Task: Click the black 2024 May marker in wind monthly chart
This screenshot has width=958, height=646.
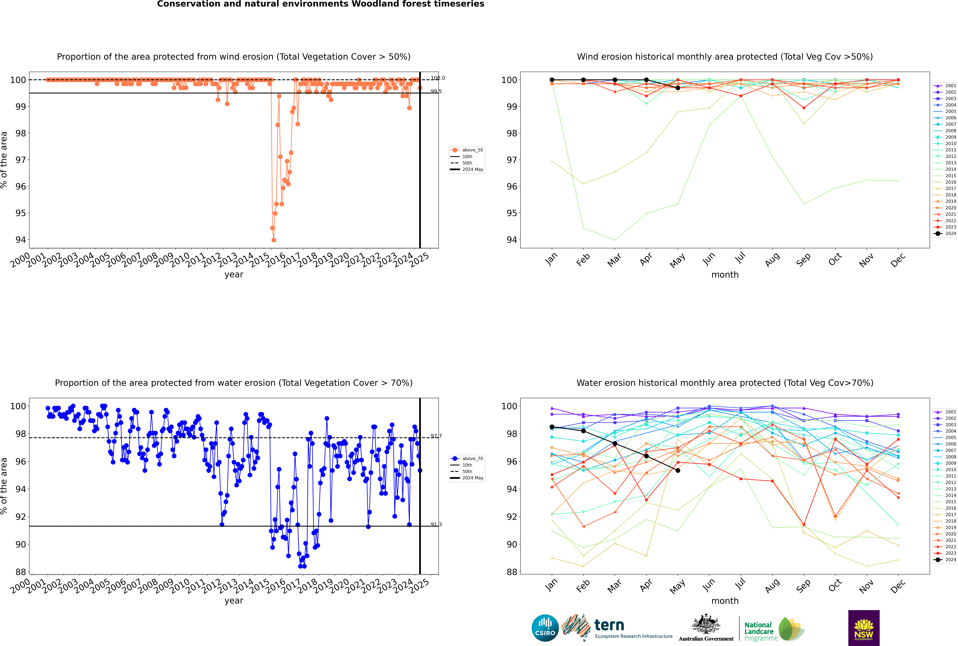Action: (x=678, y=88)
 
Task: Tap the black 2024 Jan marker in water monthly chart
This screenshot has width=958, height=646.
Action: (x=552, y=427)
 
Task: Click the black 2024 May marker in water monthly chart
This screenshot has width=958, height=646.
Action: (x=678, y=471)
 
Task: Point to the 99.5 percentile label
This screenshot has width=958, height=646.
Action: (x=436, y=92)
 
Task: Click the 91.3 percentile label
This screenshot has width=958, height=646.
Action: (x=436, y=524)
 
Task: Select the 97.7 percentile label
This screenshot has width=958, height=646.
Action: (x=436, y=436)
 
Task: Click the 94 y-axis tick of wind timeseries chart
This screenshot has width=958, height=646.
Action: (x=21, y=240)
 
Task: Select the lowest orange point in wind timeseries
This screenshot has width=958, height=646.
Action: (x=274, y=240)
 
